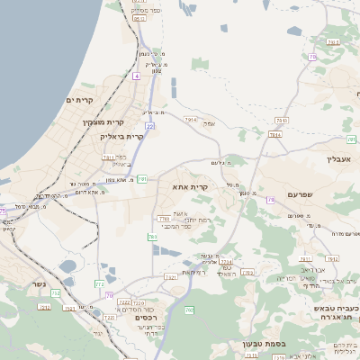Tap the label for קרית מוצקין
[101, 121]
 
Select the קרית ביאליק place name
[124, 136]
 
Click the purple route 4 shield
[136, 77]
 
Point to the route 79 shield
[271, 200]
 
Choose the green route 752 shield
[55, 293]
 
